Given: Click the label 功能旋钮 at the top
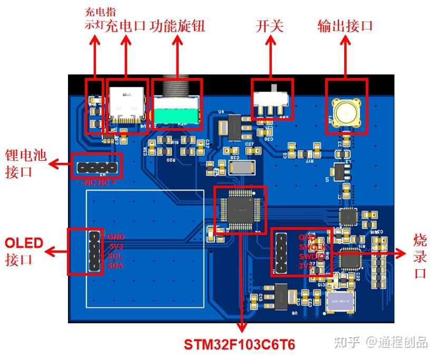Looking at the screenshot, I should tap(177, 26).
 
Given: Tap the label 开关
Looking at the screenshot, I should tap(270, 26).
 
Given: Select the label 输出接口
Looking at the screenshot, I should tap(345, 26).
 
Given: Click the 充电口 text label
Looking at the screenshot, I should tap(125, 26).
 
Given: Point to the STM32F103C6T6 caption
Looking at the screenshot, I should tap(239, 345).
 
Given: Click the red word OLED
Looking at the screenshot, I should tap(24, 243).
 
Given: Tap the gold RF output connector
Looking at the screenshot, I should tap(346, 112).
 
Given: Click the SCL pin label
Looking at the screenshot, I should tap(115, 256).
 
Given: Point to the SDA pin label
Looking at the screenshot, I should tap(115, 265).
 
